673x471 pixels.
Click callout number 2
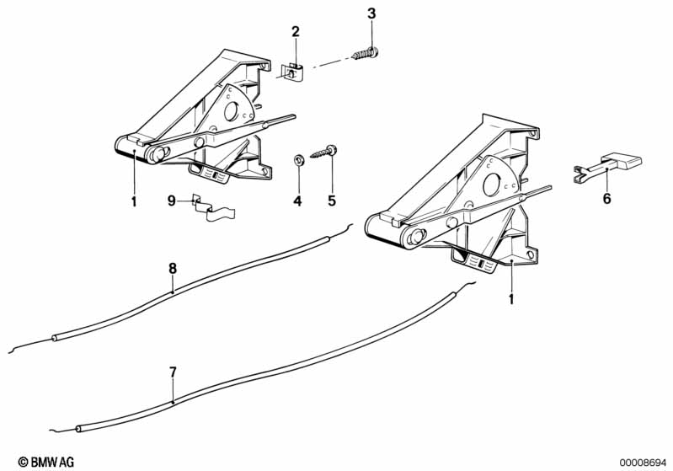coord(296,32)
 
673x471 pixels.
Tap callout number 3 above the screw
coord(371,13)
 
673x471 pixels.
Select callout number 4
coord(296,201)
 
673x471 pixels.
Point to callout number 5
coord(332,201)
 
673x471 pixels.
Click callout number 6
coord(606,200)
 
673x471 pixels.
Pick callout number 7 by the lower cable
coord(173,371)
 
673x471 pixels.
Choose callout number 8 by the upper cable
coord(173,269)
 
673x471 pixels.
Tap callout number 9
coord(171,201)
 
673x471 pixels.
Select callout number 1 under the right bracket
coord(511,298)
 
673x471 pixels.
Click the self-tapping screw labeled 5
coord(325,153)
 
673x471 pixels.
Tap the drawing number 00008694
coord(643,461)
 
